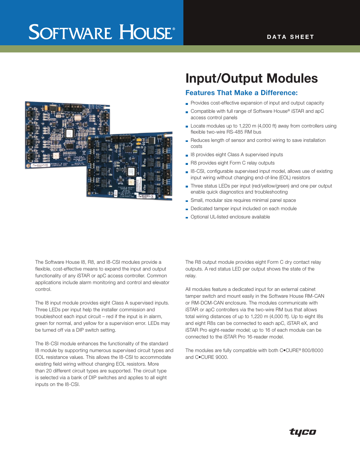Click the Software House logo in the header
(x=102, y=32)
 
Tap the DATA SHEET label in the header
(x=290, y=37)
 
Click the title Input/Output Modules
(x=251, y=78)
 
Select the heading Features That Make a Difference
(x=242, y=93)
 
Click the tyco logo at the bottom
(x=303, y=432)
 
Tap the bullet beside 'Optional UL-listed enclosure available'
(x=187, y=217)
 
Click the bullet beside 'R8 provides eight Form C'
(x=187, y=163)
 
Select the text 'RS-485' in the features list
(x=235, y=132)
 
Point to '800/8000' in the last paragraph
(x=312, y=351)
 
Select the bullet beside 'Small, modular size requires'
(x=187, y=201)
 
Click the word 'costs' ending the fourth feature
(x=196, y=146)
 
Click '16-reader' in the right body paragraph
(x=258, y=337)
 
